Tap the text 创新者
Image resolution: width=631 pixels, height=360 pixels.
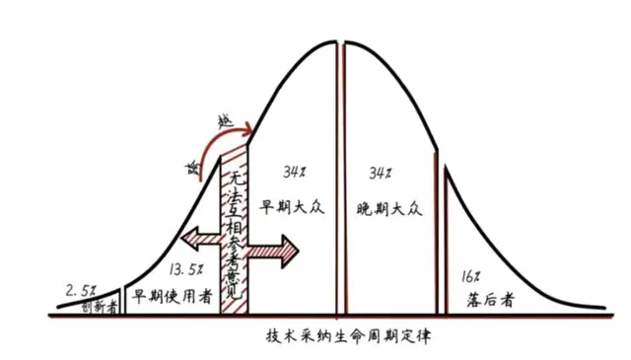pyautogui.click(x=99, y=306)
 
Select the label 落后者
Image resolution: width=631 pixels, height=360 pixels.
pyautogui.click(x=485, y=297)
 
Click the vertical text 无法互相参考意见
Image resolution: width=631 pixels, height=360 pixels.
pyautogui.click(x=235, y=221)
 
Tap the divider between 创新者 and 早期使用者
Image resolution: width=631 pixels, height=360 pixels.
pyautogui.click(x=123, y=299)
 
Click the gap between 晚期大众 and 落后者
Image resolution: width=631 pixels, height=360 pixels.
pyautogui.click(x=442, y=237)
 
